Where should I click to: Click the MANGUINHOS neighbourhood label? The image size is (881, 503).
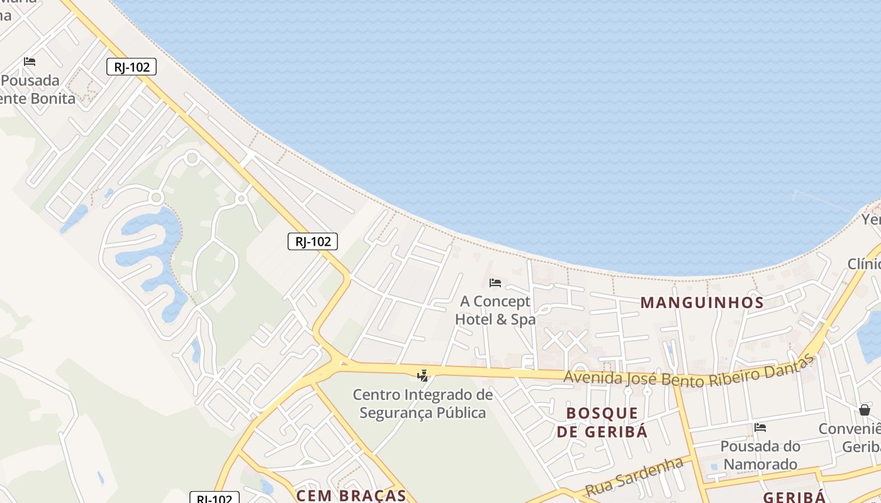(x=702, y=302)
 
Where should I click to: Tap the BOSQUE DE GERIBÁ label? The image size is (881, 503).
(x=602, y=422)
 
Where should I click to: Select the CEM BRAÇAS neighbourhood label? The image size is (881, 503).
(x=351, y=495)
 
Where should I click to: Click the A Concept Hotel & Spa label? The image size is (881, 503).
(x=495, y=310)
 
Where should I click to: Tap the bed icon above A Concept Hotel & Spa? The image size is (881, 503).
(x=495, y=283)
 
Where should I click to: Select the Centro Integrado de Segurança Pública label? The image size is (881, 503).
(x=422, y=404)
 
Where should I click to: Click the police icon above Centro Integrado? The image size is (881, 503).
(x=422, y=376)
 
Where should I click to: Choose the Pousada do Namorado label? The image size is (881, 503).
(x=760, y=455)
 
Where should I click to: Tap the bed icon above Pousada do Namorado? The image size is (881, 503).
(x=760, y=428)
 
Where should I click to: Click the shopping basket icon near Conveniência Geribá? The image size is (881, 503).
(x=865, y=410)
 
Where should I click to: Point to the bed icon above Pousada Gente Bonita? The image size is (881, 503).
(x=30, y=62)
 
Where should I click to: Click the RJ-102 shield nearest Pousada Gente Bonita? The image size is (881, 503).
(x=132, y=67)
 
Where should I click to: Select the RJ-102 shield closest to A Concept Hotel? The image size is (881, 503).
(x=313, y=241)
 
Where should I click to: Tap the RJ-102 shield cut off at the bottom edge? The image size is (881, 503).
(x=215, y=498)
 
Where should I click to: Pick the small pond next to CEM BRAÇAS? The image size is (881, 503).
(x=267, y=487)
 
